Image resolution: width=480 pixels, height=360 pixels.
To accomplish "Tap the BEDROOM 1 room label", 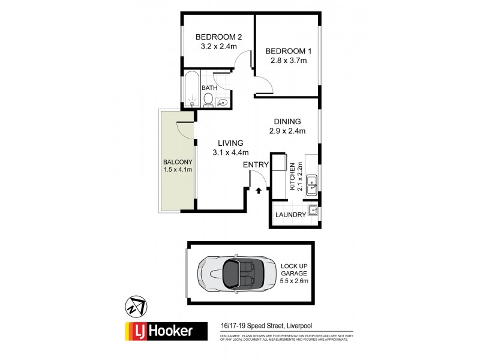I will coord(286,51).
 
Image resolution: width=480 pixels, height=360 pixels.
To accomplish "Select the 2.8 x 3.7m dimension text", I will coord(286,61).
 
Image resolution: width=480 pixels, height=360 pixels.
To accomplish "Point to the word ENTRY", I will coord(254,164).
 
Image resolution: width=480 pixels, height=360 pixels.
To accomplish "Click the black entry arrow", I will coord(259,190).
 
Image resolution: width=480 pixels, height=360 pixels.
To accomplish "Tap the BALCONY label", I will coord(177,162).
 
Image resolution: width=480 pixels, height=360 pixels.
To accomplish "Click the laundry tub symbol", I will coord(313,211).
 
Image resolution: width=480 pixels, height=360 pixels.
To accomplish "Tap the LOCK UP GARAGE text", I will coord(293,272).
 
